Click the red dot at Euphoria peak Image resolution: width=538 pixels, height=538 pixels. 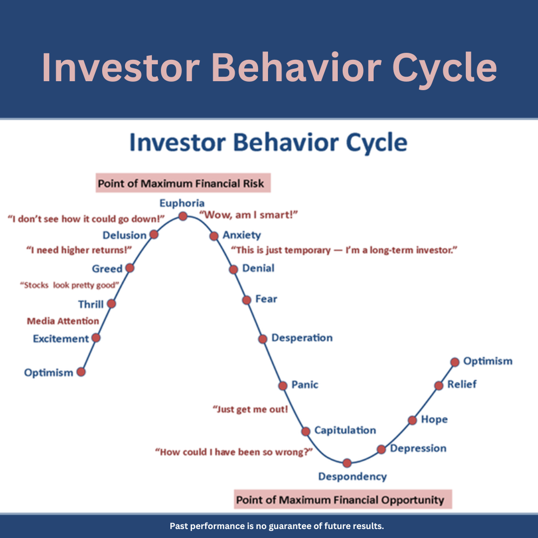183,216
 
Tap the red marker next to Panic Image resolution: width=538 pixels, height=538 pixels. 283,386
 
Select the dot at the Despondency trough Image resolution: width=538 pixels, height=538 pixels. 347,463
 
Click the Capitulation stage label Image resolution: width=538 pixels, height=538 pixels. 345,430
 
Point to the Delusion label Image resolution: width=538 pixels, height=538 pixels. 125,235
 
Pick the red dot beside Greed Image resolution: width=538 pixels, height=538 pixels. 130,268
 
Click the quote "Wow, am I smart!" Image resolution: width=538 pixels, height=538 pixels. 249,215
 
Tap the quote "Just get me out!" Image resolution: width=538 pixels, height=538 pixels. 250,409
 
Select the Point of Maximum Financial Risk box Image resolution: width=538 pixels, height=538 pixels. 183,183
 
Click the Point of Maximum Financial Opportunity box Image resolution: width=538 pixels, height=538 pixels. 343,499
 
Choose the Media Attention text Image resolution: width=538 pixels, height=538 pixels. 63,321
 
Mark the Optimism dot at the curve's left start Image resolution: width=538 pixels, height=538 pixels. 81,372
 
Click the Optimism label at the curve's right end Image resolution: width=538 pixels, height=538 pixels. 488,361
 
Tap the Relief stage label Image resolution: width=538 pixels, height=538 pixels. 462,384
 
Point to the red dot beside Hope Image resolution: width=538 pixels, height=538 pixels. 412,420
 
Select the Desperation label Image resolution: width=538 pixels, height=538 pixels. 302,338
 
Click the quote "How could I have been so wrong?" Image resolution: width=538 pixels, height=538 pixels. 234,452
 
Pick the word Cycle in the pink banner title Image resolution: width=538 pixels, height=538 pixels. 445,68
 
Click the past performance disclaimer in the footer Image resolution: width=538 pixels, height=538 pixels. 277,526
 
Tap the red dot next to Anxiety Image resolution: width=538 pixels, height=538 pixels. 214,236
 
